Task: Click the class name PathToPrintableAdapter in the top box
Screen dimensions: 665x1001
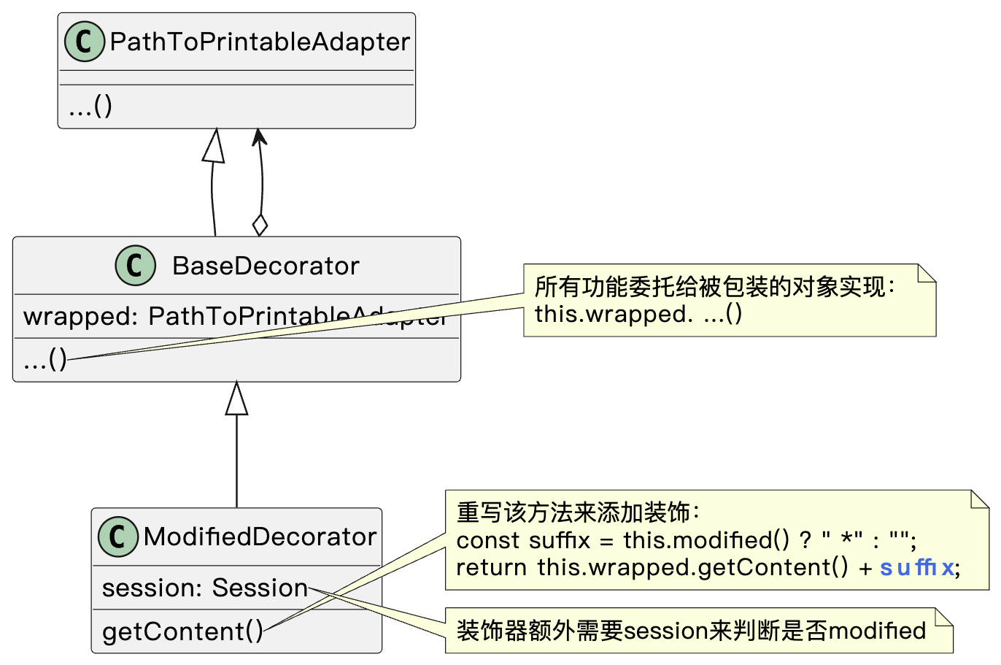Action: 260,42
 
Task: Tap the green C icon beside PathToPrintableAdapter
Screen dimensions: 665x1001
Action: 85,42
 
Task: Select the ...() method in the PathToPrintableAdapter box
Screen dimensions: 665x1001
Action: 90,107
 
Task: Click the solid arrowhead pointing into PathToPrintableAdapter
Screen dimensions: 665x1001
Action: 258,137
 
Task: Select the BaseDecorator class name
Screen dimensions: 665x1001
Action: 266,266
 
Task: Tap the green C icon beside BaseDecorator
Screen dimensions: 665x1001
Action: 135,265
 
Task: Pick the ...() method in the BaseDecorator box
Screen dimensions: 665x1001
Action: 45,360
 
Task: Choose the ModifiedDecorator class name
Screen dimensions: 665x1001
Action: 260,537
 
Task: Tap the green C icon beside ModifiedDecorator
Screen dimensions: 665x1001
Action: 117,537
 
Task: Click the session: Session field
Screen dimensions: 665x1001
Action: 204,588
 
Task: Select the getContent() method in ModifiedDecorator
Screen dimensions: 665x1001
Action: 182,631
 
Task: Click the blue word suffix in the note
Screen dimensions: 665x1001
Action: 917,567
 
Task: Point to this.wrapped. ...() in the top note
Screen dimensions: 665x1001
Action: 638,314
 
